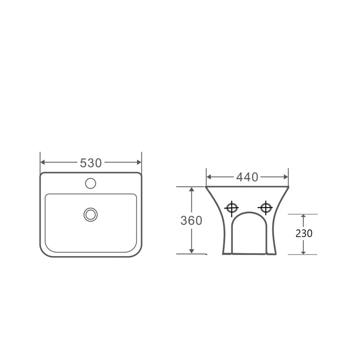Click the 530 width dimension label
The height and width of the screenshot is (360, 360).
[x=91, y=163]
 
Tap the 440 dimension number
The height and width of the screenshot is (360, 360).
[x=247, y=177]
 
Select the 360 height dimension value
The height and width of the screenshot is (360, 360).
[x=191, y=221]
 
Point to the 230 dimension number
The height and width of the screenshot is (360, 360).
[x=304, y=234]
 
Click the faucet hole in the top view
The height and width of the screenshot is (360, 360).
[x=90, y=183]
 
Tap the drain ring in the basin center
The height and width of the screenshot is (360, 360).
[x=90, y=214]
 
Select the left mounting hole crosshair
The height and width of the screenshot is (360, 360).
[x=231, y=208]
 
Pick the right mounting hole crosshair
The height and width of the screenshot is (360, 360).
[x=265, y=208]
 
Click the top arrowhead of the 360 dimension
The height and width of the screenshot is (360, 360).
[x=192, y=189]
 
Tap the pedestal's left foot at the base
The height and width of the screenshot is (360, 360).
[x=227, y=253]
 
